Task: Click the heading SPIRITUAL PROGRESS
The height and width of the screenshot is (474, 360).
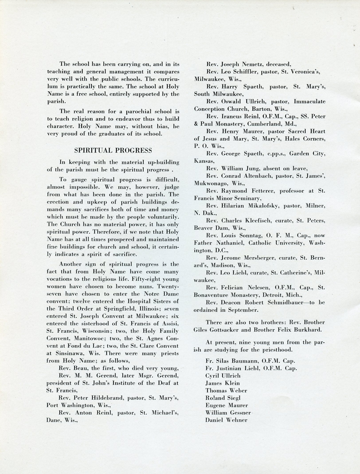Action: point(113,150)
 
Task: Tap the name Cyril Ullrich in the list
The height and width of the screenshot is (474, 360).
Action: point(223,376)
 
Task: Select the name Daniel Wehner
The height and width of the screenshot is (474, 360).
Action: point(226,420)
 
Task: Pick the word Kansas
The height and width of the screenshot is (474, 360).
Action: point(204,161)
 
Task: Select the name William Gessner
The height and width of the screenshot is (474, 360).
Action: point(228,413)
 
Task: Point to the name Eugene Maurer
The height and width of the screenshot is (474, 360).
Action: point(226,405)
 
